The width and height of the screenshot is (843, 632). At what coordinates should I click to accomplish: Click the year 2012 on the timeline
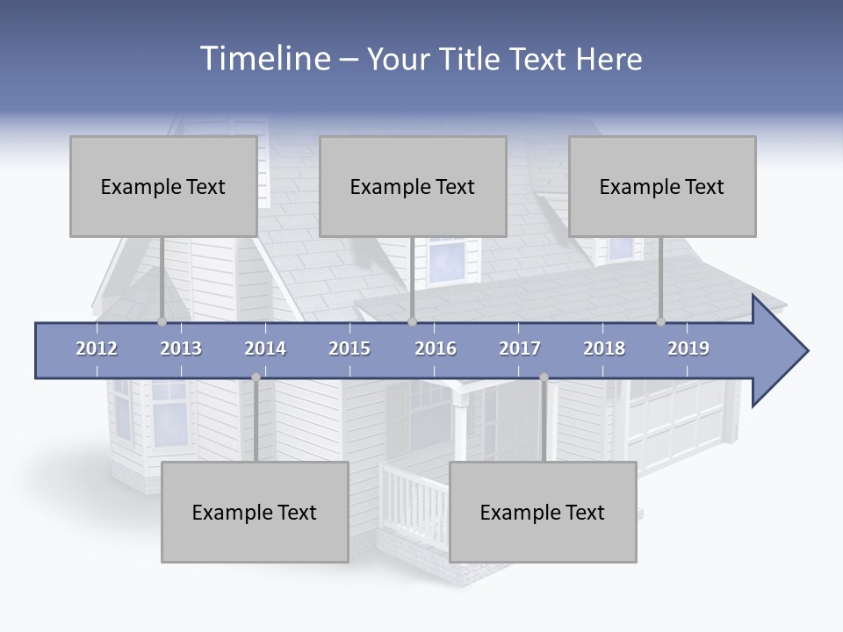click(x=97, y=348)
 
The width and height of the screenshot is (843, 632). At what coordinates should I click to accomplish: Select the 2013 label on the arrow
click(x=181, y=348)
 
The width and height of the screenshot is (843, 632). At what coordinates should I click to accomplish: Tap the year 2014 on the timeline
click(x=265, y=348)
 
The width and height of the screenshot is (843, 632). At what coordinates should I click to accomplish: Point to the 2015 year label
click(x=349, y=348)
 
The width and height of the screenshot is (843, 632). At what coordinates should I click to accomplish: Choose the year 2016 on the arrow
click(x=436, y=348)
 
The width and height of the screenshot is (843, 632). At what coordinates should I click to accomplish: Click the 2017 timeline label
click(x=520, y=348)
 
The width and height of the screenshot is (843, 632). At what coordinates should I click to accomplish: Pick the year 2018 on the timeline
click(x=604, y=348)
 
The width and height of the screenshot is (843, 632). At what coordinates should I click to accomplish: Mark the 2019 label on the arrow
click(x=688, y=348)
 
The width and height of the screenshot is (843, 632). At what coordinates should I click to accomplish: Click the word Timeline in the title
click(x=263, y=59)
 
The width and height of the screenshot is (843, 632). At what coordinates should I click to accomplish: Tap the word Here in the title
click(x=609, y=59)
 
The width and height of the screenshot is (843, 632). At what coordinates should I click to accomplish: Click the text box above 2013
click(x=163, y=186)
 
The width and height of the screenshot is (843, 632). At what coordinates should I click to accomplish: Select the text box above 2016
click(x=413, y=186)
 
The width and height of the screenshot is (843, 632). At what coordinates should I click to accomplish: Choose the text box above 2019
click(x=662, y=186)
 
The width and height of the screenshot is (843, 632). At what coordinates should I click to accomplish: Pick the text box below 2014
click(x=255, y=512)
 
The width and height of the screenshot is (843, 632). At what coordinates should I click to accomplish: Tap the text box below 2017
click(x=543, y=512)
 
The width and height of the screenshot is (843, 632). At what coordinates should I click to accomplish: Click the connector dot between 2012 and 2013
click(x=162, y=322)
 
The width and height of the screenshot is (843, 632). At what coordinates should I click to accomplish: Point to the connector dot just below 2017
click(x=544, y=377)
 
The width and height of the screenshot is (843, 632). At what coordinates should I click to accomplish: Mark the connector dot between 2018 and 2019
click(x=661, y=322)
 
